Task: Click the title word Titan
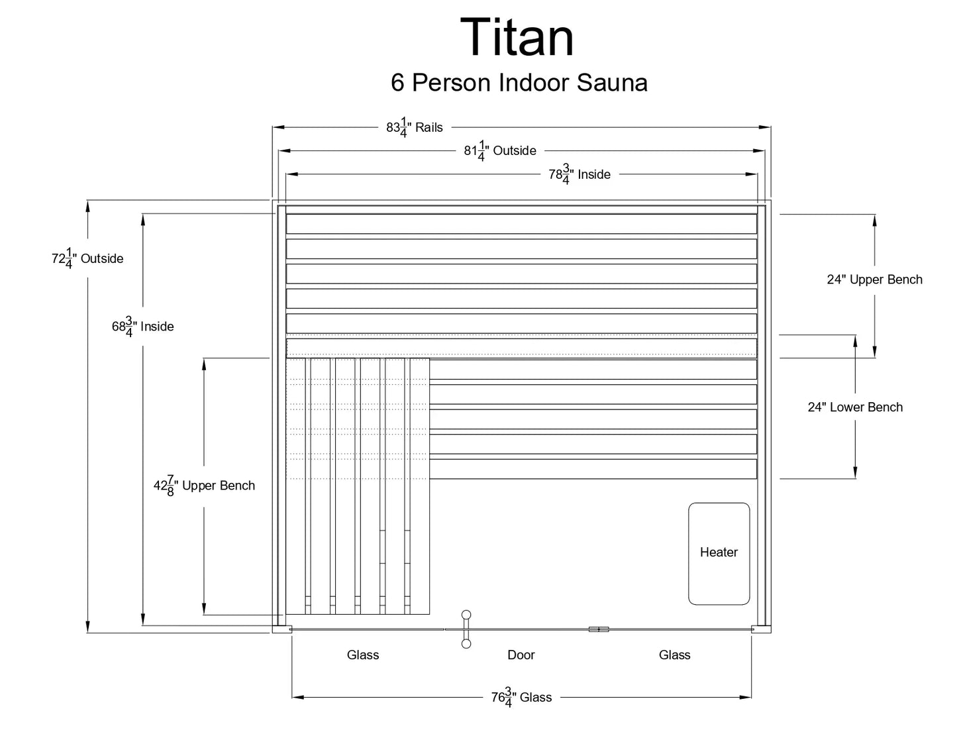pos(517,38)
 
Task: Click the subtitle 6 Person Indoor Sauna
pos(519,83)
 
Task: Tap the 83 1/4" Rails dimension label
pos(415,127)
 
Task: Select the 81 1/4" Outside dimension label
pos(500,151)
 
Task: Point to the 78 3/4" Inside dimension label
pos(579,174)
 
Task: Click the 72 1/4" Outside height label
pos(87,258)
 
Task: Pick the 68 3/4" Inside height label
pos(143,327)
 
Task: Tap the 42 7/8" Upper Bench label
pos(204,486)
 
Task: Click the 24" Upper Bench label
pos(874,280)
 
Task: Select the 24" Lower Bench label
pos(855,407)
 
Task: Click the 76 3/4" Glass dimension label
pos(521,697)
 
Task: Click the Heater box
pos(719,553)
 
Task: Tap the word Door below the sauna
pos(521,655)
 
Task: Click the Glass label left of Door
pos(363,655)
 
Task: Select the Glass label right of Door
pos(674,655)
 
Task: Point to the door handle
pos(466,629)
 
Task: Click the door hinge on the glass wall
pos(598,629)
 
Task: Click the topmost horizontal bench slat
pos(521,224)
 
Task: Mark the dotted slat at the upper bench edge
pos(521,348)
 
